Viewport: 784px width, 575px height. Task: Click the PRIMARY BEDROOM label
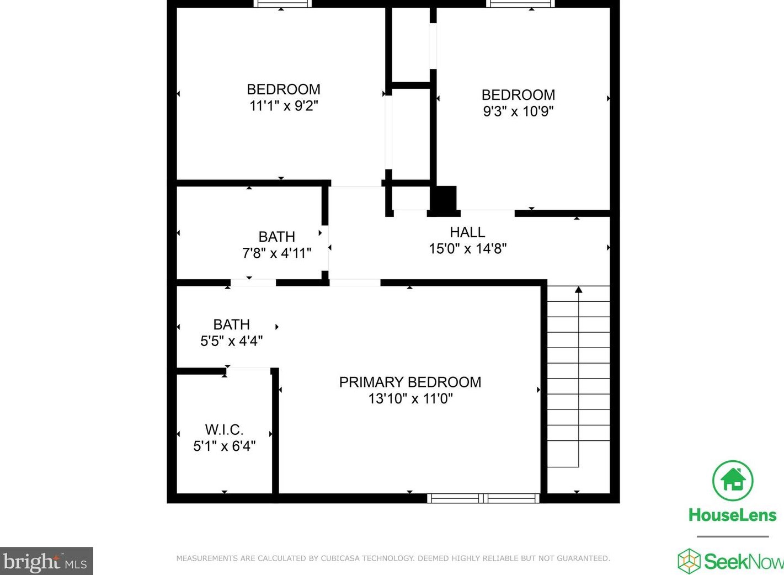point(410,382)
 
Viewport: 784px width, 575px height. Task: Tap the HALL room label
point(467,232)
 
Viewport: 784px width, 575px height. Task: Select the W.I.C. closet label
point(224,429)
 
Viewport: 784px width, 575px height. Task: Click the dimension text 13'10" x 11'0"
point(410,398)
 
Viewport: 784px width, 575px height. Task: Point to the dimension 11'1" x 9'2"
point(284,106)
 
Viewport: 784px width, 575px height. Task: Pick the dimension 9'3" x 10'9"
point(518,111)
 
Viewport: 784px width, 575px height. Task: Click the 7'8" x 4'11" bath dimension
point(276,253)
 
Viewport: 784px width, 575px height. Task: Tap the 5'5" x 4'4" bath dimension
point(231,341)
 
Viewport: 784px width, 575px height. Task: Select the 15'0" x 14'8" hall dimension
point(468,249)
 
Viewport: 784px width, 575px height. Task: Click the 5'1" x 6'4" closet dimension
point(225,446)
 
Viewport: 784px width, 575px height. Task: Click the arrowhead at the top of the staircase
point(578,289)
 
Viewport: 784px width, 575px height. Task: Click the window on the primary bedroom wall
point(483,498)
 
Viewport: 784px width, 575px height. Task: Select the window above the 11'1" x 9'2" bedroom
point(282,3)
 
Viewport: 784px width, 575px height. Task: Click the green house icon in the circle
point(733,481)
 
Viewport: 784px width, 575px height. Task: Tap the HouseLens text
point(733,515)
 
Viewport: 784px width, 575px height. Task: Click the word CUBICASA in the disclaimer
point(340,558)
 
